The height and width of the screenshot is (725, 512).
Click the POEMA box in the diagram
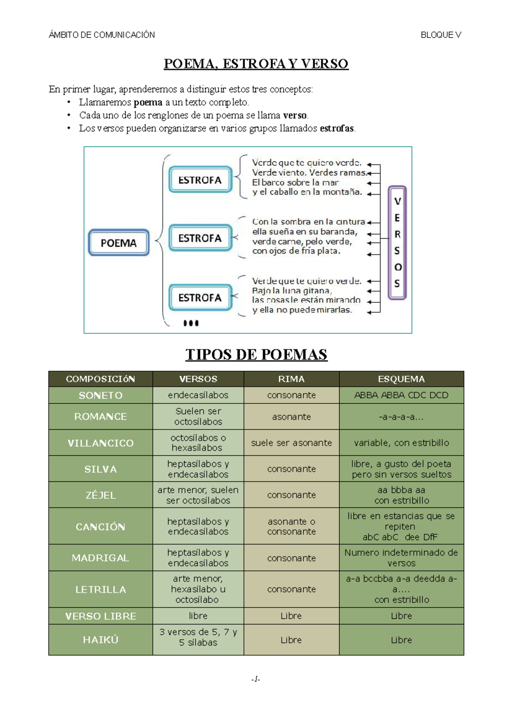point(119,243)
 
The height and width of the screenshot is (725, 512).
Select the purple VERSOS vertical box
point(397,243)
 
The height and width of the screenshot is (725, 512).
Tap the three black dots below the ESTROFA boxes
point(191,323)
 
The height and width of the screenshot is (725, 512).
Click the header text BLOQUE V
point(441,35)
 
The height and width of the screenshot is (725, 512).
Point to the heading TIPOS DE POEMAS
point(256,354)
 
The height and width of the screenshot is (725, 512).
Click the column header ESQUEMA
point(401,379)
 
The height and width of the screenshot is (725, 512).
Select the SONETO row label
point(101,395)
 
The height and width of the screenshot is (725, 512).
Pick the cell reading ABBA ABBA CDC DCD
point(401,395)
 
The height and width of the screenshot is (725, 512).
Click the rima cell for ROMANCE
point(291,417)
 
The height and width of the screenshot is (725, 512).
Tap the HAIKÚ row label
point(101,640)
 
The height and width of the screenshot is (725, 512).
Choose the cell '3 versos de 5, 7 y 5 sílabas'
point(198,637)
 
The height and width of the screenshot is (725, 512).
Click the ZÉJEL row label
point(101,495)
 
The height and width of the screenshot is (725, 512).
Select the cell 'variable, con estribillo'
point(401,443)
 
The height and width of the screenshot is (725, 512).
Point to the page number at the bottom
point(256,679)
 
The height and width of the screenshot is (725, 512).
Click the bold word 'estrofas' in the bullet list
point(337,129)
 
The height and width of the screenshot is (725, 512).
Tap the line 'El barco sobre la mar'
point(295,183)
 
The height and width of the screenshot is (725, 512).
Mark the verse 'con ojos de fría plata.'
point(296,251)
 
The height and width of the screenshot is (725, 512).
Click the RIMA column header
point(291,379)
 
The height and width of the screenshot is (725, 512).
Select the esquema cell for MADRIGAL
point(401,558)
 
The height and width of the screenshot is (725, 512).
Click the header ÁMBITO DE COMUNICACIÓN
point(102,35)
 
